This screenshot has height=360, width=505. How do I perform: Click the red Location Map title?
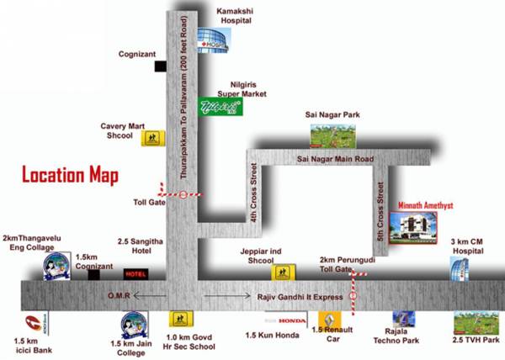[x=70, y=176]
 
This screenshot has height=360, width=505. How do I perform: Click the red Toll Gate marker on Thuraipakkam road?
[x=184, y=194]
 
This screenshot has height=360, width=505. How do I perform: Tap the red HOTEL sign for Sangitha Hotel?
[x=136, y=274]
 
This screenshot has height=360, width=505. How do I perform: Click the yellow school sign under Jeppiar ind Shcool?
[x=284, y=273]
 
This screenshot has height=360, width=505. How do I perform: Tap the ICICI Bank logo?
[x=33, y=322]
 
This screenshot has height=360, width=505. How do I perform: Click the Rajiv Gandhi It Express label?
[x=295, y=296]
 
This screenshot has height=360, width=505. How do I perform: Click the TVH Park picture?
[x=471, y=323]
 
